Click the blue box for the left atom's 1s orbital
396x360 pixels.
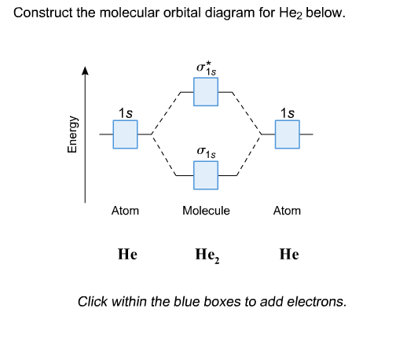125,134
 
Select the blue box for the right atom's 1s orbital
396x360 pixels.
287,134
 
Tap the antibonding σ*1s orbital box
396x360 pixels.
206,93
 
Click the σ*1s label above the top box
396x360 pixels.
207,69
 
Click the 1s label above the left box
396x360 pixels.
125,112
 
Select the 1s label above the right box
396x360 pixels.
287,112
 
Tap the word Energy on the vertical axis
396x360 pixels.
71,134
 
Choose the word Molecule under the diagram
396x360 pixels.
206,211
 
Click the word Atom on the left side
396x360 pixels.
125,211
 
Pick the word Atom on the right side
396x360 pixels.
287,211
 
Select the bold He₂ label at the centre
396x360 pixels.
207,255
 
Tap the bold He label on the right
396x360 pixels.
288,255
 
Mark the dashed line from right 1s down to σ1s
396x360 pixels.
247,156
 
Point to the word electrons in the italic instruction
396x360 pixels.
316,301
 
